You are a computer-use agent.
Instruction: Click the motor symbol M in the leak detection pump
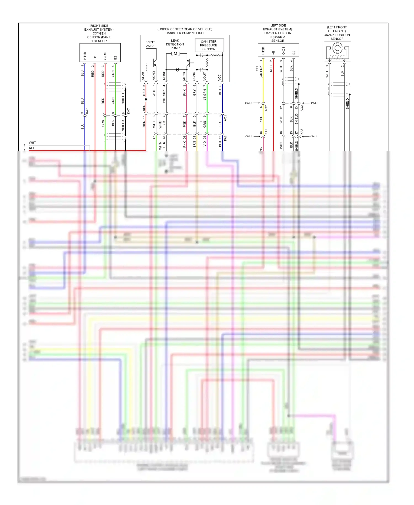point(175,54)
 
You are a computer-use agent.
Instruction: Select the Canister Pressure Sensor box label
point(209,45)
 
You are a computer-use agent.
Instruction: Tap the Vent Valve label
point(151,44)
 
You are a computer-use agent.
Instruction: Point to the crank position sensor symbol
point(337,51)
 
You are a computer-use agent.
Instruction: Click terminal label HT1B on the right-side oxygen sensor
point(85,56)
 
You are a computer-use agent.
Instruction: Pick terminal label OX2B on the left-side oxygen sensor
point(283,51)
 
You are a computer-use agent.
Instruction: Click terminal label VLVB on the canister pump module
point(143,76)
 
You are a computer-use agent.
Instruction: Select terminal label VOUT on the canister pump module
point(205,76)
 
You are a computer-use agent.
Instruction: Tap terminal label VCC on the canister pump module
point(220,77)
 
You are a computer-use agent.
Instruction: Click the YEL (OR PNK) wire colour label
point(259,72)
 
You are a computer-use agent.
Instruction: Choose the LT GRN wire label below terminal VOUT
point(205,94)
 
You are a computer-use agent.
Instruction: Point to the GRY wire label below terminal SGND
point(194,93)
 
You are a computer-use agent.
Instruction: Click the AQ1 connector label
point(225,118)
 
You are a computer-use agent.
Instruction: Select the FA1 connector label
point(225,138)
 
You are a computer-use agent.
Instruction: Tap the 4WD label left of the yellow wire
point(248,103)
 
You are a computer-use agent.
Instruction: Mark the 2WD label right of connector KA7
point(313,136)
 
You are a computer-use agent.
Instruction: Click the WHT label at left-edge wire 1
point(32,143)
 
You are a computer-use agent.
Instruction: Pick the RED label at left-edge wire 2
point(32,148)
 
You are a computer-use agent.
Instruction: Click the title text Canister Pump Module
point(185,33)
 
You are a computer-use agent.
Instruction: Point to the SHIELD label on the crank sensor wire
point(347,104)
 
